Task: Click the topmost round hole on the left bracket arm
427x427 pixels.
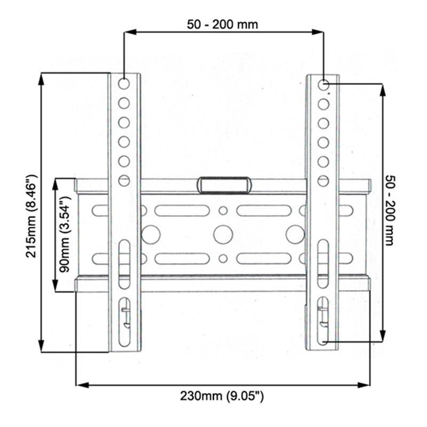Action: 124,84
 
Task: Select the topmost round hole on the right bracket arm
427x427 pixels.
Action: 323,85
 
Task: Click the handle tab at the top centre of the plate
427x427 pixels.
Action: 224,185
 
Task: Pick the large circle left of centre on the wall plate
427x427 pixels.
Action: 152,234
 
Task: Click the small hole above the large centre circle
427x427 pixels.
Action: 223,210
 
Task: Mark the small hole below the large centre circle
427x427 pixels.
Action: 223,258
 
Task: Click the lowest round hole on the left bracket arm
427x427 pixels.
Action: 124,180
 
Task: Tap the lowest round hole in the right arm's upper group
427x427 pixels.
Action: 323,180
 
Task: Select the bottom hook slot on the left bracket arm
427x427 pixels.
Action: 124,318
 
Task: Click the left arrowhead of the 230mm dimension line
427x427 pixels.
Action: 79,383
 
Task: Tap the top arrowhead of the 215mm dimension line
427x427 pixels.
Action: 41,76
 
